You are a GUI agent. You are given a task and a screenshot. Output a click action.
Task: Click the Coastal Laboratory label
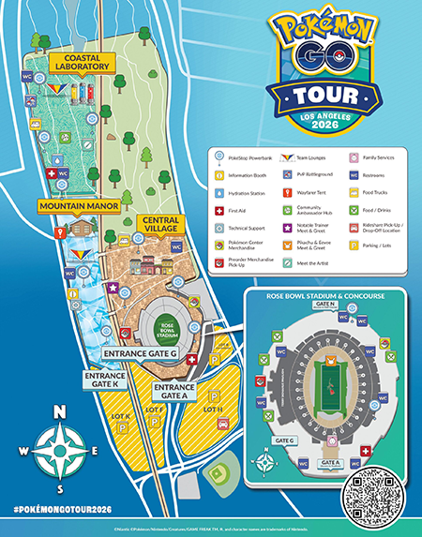click(x=77, y=61)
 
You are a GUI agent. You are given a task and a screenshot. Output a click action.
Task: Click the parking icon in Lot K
click(x=119, y=427)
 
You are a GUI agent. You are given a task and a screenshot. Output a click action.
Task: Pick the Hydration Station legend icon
click(x=219, y=191)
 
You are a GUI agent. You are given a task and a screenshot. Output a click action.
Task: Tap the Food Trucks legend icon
click(x=354, y=191)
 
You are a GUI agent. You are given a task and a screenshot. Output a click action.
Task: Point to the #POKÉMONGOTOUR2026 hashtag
click(x=60, y=507)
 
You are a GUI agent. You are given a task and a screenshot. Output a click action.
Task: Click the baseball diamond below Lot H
click(x=220, y=475)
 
